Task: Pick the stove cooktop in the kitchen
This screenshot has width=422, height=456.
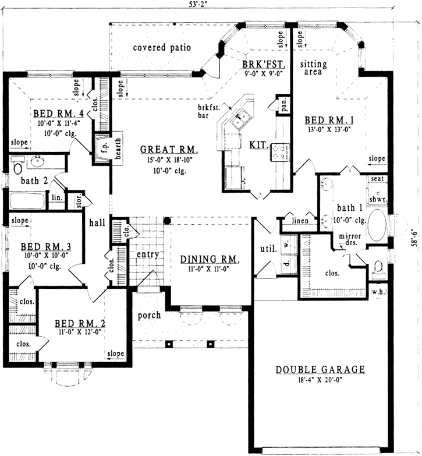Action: (x=279, y=153)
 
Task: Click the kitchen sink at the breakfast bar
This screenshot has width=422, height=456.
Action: (x=240, y=121)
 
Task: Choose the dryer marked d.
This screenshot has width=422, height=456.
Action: (x=287, y=263)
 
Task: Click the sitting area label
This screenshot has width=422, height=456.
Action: (x=314, y=69)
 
